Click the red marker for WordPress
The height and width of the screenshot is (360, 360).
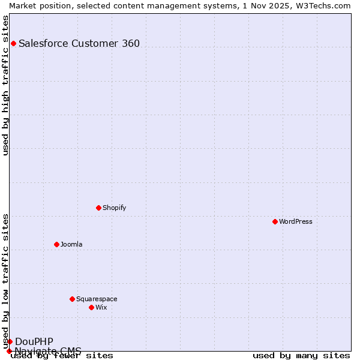click(275, 221)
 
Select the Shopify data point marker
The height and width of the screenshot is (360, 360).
click(98, 208)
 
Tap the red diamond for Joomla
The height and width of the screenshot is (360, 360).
click(56, 244)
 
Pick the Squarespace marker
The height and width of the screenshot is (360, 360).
click(72, 299)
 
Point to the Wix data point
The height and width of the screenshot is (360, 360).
click(91, 307)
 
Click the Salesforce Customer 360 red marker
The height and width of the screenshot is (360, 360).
click(13, 43)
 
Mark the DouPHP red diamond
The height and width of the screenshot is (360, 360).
click(10, 341)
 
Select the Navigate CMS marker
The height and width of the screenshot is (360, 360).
click(9, 351)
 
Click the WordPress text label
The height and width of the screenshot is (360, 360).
click(296, 221)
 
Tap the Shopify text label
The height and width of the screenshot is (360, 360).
click(115, 208)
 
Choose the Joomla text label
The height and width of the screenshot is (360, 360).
click(71, 244)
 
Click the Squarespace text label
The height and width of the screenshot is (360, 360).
click(97, 299)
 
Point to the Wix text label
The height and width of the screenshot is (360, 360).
click(101, 307)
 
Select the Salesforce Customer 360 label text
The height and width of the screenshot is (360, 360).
click(79, 43)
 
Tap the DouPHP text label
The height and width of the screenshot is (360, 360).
click(34, 341)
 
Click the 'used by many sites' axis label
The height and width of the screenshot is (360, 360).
click(301, 356)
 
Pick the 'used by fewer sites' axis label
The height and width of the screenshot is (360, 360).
click(62, 356)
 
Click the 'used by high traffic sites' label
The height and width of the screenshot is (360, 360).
click(5, 85)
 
